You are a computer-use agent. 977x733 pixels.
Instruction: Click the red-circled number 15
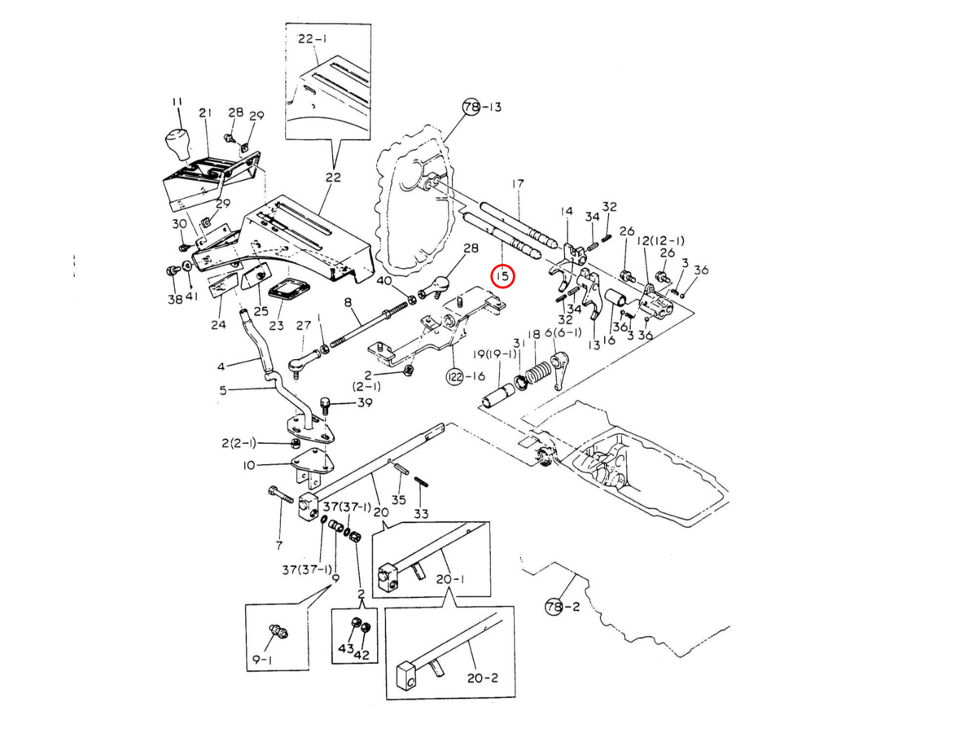click(x=503, y=276)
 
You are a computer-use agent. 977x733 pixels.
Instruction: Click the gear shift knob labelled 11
click(x=177, y=145)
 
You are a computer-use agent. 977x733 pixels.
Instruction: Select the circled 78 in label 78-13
click(x=471, y=107)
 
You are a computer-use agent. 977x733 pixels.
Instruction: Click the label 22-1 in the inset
click(x=313, y=37)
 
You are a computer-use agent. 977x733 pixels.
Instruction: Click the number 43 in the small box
click(x=346, y=648)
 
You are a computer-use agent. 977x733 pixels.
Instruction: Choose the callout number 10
click(x=249, y=465)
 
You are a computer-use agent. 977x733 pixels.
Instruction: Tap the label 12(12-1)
click(x=660, y=240)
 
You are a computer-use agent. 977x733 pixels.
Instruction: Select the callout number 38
click(x=175, y=299)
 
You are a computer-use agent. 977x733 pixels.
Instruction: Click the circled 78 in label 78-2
click(x=554, y=607)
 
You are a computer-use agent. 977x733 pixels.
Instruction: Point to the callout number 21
click(x=205, y=112)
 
